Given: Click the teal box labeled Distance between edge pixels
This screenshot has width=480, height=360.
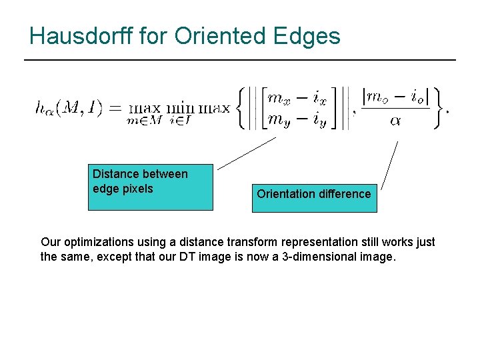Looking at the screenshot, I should [x=151, y=187].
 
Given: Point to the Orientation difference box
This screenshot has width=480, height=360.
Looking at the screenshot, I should [x=314, y=198].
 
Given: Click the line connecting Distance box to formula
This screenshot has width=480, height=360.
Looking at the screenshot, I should [x=246, y=153].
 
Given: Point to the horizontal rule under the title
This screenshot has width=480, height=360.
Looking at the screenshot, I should [x=240, y=60].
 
